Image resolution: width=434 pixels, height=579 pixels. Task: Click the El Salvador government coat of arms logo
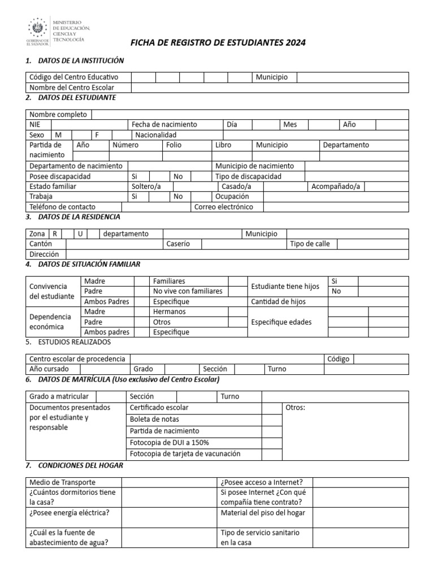[x=38, y=28]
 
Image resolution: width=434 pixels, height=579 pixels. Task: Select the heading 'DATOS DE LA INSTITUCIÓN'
[x=81, y=61]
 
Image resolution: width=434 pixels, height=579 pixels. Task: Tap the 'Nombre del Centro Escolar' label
[x=72, y=88]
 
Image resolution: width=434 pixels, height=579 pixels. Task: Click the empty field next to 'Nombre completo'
[x=249, y=114]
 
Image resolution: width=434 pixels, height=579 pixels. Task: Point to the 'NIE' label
[x=35, y=124]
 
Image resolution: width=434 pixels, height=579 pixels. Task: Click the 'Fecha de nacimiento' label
[x=164, y=124]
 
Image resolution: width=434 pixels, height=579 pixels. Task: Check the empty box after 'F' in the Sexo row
[x=121, y=135]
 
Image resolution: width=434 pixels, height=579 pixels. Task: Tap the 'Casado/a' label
[x=236, y=186]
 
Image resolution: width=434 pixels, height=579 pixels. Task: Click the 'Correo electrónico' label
[x=224, y=207]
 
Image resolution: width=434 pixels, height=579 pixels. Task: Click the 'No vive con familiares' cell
[x=188, y=291]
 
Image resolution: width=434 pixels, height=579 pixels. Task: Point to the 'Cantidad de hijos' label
[x=278, y=301]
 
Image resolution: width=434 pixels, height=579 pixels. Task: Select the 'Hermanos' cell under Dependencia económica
[x=169, y=312]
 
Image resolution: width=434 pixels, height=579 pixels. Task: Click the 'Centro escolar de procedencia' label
[x=77, y=358]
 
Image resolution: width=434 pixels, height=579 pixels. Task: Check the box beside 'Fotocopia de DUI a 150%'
[x=272, y=442]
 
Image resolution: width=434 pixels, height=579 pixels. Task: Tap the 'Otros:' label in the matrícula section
[x=296, y=408]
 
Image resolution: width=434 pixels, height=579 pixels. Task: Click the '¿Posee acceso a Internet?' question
[x=262, y=482]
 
